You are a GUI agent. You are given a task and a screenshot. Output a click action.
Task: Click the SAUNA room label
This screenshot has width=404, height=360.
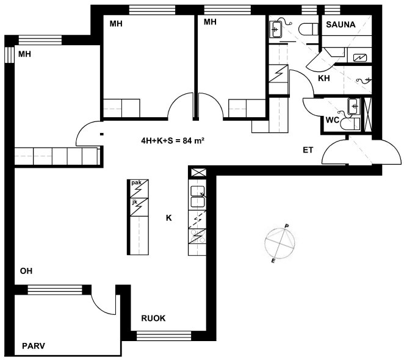(x=341, y=24)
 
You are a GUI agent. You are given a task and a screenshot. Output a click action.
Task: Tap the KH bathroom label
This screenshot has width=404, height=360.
(x=324, y=78)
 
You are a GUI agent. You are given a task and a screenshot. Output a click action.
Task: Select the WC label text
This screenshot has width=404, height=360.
(x=332, y=120)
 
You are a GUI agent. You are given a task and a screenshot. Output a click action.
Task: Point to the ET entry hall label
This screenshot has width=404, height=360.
(x=308, y=150)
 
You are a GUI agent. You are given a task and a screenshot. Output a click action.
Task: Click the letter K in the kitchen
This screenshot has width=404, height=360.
(x=169, y=218)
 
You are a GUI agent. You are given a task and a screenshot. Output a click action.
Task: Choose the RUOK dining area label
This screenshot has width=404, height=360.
(x=153, y=319)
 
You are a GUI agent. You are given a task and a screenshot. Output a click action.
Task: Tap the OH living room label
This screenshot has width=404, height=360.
(x=26, y=271)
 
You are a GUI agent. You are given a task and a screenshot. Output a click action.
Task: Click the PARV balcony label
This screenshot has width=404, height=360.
(x=34, y=345)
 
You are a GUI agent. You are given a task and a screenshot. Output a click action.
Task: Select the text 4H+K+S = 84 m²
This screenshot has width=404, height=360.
(x=173, y=140)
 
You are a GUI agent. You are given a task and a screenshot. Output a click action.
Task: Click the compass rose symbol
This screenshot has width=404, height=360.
(x=280, y=243)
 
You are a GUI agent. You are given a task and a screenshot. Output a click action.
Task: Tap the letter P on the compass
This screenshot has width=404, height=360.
(x=286, y=226)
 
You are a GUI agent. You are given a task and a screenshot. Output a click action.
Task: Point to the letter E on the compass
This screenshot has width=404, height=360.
(x=273, y=261)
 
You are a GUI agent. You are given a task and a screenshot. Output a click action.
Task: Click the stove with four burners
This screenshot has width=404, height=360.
(x=197, y=237)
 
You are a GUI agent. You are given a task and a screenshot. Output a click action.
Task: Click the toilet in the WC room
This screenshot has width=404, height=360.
(x=350, y=124)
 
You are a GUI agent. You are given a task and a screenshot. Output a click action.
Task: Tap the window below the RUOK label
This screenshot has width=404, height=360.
(x=164, y=336)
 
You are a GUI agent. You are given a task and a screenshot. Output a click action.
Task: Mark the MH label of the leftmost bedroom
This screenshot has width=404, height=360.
(x=25, y=54)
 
